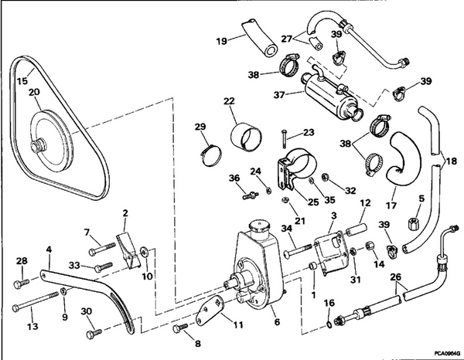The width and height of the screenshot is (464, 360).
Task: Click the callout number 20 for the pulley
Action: (x=34, y=93)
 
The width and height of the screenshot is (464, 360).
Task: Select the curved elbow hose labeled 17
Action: (x=402, y=155)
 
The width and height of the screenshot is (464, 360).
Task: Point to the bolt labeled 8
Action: (x=181, y=329)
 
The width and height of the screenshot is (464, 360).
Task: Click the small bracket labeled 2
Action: (x=125, y=246)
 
